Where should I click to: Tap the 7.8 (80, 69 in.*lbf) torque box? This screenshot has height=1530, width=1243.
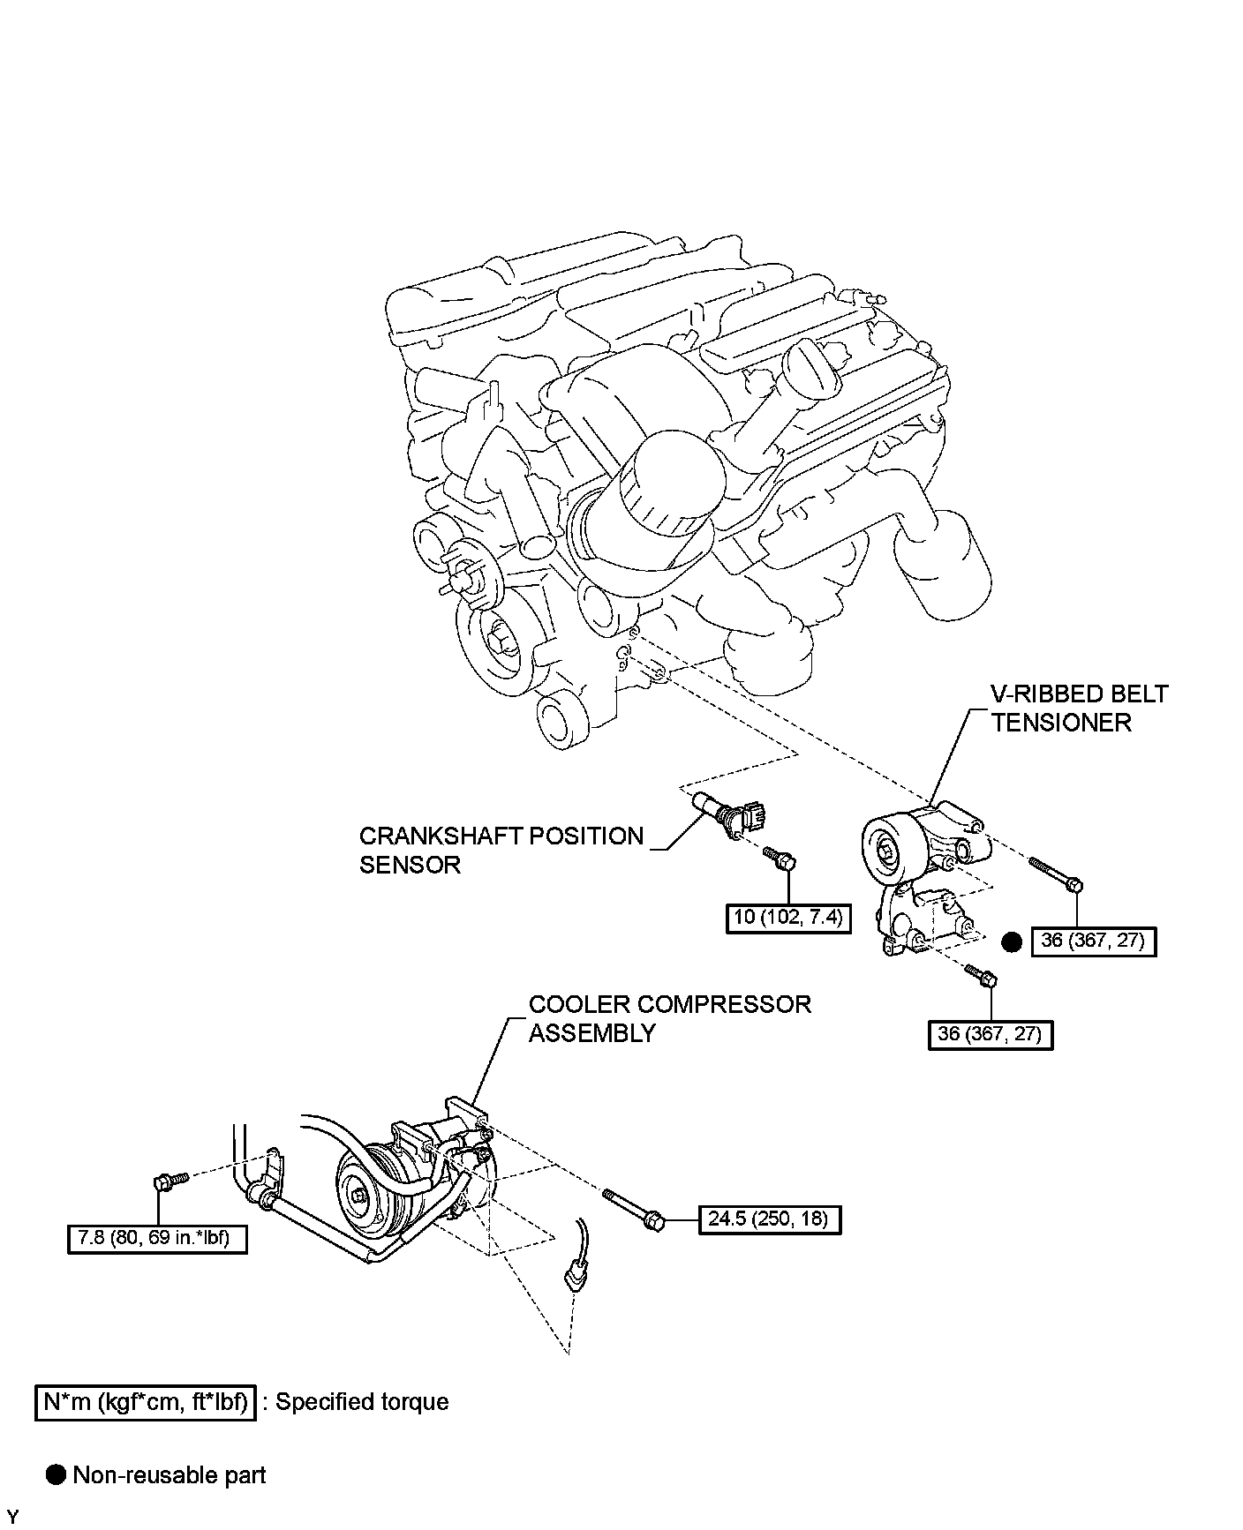click(156, 1239)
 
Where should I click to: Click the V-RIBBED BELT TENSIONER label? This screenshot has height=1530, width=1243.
click(1078, 708)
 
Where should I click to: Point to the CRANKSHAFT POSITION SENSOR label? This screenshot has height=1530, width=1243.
click(501, 850)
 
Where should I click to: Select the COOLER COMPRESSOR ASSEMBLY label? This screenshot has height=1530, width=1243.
click(669, 1018)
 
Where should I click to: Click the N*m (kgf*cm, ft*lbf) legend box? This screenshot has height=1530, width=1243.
click(146, 1402)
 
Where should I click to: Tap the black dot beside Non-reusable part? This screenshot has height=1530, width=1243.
click(56, 1474)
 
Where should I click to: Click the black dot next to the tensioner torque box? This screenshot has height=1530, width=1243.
click(1012, 942)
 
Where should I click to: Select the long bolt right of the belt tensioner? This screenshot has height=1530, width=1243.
click(1055, 874)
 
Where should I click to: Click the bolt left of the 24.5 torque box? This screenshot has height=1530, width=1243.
click(634, 1209)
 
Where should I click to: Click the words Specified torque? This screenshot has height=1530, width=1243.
click(362, 1402)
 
